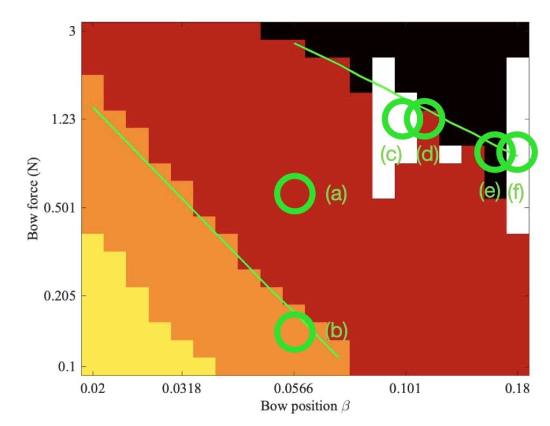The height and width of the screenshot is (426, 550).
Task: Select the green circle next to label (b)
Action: [x=294, y=331]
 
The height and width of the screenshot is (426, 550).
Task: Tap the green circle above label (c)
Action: [x=402, y=119]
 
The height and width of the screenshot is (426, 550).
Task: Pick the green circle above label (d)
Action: [x=424, y=119]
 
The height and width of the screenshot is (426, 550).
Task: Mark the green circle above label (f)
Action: [x=517, y=152]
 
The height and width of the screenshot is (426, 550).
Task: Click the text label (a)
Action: [x=336, y=194]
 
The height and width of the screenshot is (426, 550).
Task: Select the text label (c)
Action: [x=391, y=155]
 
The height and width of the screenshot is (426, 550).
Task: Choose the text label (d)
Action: [x=428, y=155]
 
